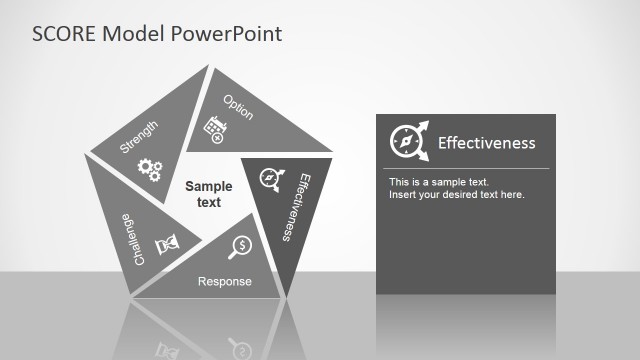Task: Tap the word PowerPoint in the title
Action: tap(228, 34)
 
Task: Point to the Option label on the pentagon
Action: tap(238, 107)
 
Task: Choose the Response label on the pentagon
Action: tap(225, 282)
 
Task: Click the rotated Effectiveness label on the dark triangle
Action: tap(291, 206)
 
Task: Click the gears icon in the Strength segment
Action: tap(150, 169)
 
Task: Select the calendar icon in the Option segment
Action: tap(214, 127)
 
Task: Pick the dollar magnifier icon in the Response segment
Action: tap(240, 246)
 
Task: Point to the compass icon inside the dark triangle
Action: tap(270, 178)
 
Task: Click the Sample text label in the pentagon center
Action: tap(209, 194)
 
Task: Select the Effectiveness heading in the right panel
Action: tap(487, 143)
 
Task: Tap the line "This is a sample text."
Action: tap(439, 182)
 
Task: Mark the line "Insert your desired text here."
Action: tap(457, 194)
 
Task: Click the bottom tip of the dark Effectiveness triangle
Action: tap(287, 296)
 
